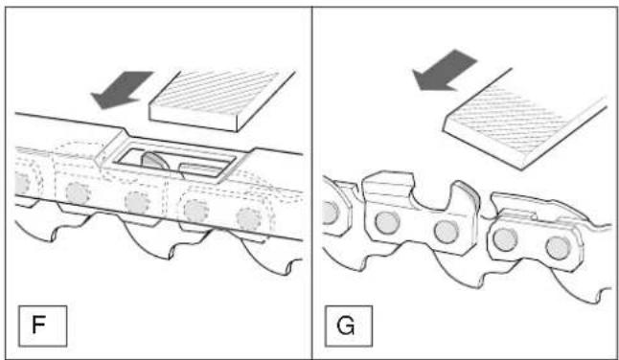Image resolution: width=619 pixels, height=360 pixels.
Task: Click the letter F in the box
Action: point(38,326)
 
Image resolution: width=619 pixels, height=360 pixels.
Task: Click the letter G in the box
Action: point(346,326)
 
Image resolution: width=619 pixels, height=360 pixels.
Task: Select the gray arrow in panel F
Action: point(121,90)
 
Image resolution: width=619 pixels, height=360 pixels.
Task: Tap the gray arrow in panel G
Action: point(444,70)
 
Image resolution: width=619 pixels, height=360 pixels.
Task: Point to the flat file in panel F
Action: point(222,101)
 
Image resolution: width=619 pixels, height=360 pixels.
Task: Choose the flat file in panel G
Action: point(525,119)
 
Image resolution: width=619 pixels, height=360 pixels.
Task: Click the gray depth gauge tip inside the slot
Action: point(155,161)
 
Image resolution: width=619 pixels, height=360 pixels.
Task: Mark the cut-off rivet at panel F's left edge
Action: point(22,184)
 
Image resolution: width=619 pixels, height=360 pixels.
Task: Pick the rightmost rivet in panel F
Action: point(249,218)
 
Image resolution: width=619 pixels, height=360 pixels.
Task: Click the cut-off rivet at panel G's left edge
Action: point(330,213)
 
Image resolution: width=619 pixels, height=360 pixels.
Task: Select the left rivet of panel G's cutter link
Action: point(387,223)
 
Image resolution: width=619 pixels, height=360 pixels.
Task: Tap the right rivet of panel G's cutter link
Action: point(447,232)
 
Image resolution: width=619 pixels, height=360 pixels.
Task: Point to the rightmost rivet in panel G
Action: point(559,248)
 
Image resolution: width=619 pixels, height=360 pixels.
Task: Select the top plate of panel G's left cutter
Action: point(388,181)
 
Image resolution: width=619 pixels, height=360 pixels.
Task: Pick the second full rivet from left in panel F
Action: point(137,203)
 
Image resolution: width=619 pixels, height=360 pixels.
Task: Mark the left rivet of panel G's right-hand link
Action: point(506,239)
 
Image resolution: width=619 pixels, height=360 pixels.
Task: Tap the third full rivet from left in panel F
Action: point(196,211)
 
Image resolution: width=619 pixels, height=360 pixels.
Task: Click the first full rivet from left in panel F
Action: point(78,193)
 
